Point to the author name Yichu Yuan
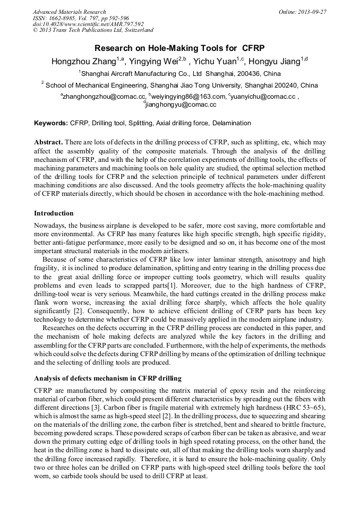click(213, 61)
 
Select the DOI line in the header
click(88, 24)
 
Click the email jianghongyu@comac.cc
click(182, 105)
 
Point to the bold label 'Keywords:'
click(51, 123)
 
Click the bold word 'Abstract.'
click(49, 143)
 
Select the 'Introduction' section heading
click(54, 213)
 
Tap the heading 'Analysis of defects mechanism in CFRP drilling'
click(108, 378)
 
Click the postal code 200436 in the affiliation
click(244, 73)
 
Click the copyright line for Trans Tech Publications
click(93, 30)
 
